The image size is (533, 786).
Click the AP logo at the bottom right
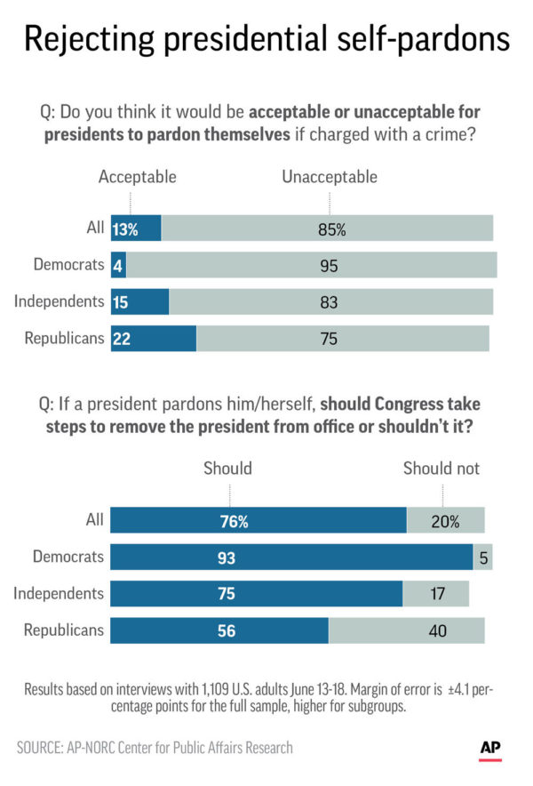click(490, 750)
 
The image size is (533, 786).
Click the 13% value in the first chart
click(125, 229)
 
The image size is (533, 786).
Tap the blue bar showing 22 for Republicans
click(153, 338)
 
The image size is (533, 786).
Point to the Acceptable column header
click(137, 177)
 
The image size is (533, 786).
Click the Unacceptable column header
click(330, 177)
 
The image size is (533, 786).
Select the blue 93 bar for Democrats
click(292, 557)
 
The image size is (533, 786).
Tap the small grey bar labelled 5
click(482, 557)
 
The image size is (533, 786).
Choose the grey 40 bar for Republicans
click(407, 630)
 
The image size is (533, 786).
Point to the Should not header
click(442, 468)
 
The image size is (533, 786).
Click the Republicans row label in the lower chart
click(64, 630)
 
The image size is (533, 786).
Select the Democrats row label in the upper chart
click(68, 265)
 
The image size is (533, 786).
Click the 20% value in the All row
click(444, 521)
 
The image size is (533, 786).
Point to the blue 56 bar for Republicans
click(219, 630)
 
